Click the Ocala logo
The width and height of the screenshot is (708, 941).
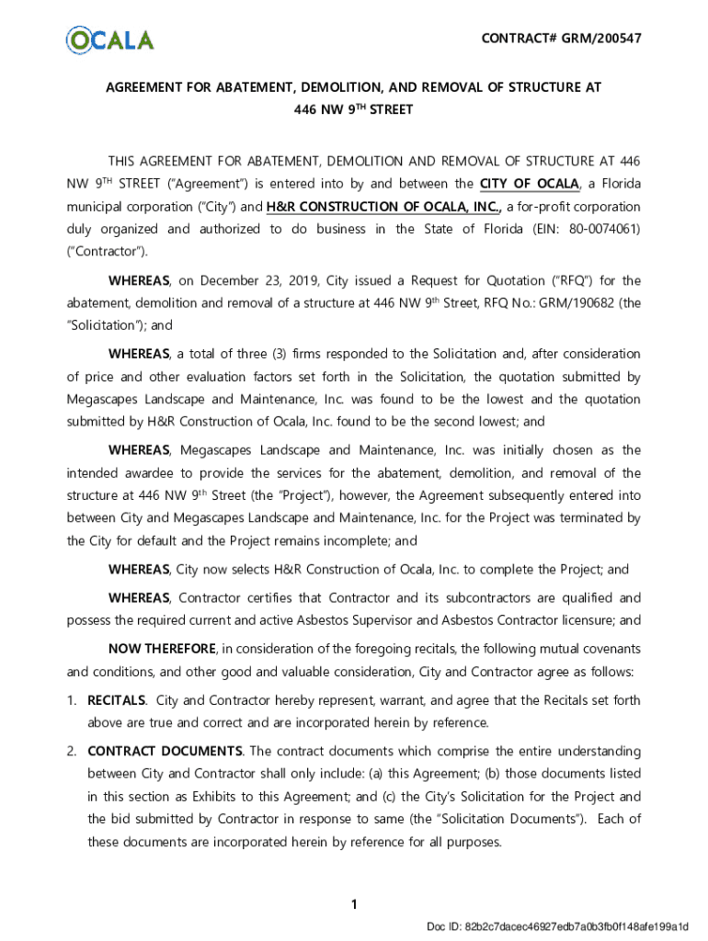(109, 40)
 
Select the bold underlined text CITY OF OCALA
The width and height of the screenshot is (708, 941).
(530, 183)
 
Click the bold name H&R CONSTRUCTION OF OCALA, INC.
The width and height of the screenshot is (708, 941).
(384, 207)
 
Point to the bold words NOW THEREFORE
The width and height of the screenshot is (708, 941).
(162, 649)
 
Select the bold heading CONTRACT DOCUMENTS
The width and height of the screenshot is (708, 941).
(165, 752)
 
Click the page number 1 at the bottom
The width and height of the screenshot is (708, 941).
(354, 905)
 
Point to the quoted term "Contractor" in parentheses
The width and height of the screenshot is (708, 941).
(106, 251)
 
